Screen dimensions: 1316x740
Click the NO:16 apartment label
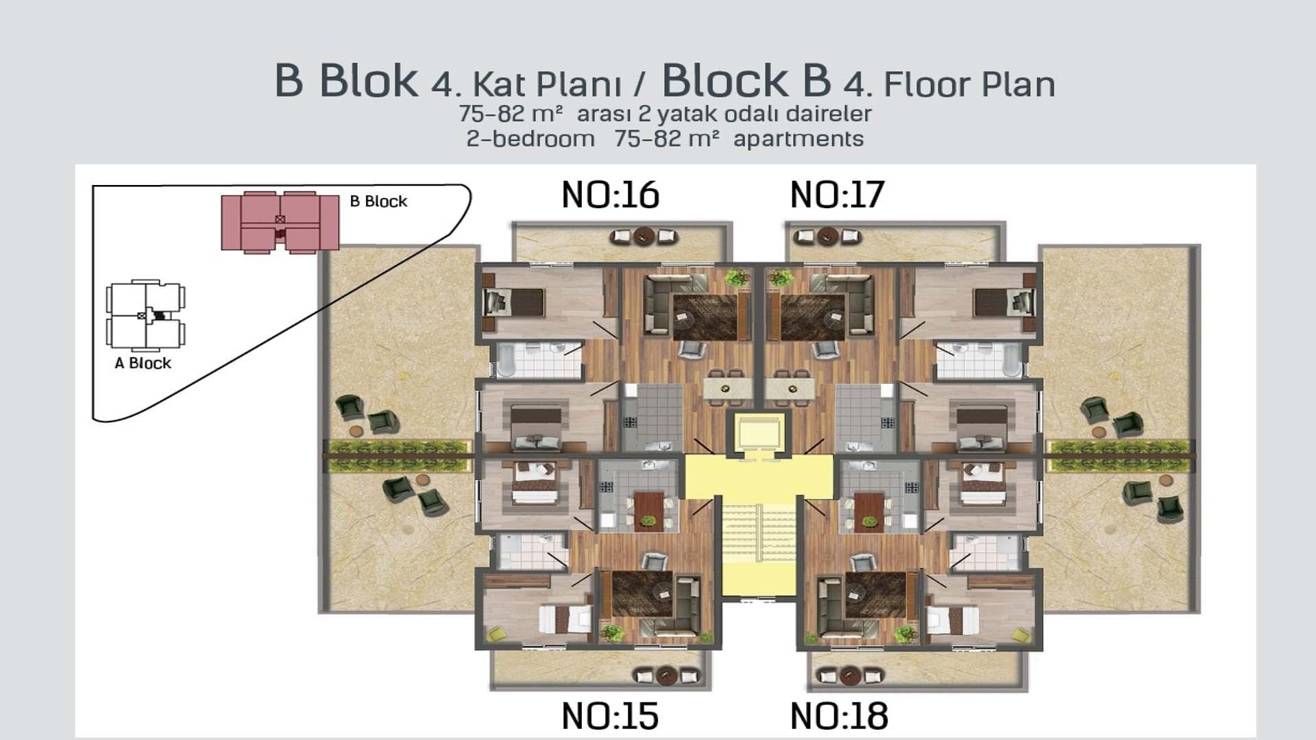tap(610, 195)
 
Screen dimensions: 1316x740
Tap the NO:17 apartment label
tap(837, 195)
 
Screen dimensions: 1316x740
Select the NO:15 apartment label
tap(610, 716)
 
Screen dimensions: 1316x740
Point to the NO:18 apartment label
tap(839, 716)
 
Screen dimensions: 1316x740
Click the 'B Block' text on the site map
tap(378, 201)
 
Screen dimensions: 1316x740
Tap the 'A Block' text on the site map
tap(143, 363)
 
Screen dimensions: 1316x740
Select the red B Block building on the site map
tap(280, 222)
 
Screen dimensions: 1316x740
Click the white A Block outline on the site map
tap(146, 315)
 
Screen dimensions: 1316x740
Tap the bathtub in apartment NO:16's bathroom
tap(507, 360)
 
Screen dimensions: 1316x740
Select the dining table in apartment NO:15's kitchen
tap(648, 510)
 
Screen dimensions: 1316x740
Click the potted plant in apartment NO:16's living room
tap(736, 277)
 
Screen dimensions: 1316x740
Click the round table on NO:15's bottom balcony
tap(667, 676)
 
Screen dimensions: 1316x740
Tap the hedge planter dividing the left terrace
tap(399, 456)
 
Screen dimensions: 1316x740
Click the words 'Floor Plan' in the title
tap(969, 85)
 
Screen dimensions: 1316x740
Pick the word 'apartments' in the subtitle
tap(799, 139)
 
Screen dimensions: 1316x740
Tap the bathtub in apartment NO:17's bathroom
tap(1012, 360)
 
